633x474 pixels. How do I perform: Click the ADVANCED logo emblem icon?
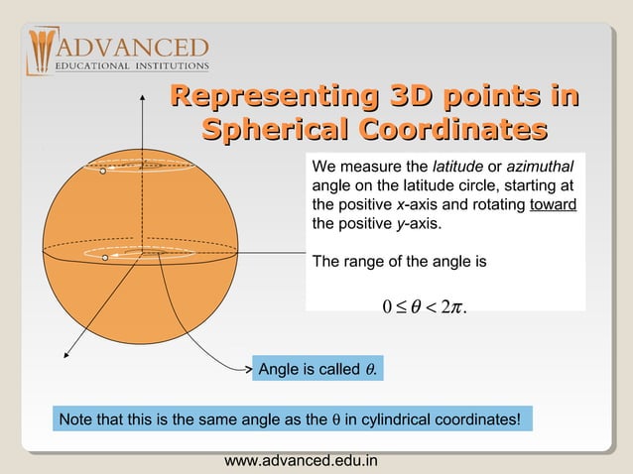[x=41, y=51]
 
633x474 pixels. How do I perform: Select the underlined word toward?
[x=554, y=204]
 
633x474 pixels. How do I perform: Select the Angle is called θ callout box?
[x=317, y=370]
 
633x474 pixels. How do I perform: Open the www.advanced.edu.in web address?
[x=302, y=461]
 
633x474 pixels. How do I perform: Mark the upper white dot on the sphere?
[x=101, y=172]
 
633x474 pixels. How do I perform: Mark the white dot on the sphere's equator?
[x=104, y=258]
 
